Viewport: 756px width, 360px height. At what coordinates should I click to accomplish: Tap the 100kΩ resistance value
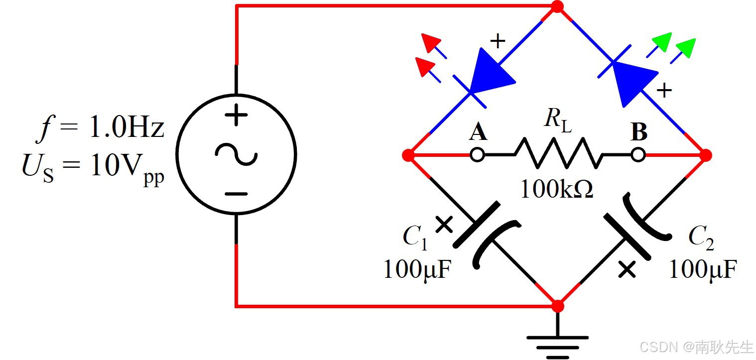click(557, 190)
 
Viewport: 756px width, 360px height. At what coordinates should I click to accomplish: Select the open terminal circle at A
click(477, 155)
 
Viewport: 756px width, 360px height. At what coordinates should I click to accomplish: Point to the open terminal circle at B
click(638, 155)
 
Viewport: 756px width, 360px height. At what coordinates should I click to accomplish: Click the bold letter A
click(478, 133)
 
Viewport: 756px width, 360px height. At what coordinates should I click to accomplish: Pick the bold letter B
click(639, 133)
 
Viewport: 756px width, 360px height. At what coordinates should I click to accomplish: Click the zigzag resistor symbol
click(558, 154)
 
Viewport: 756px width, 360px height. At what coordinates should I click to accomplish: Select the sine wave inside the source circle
click(236, 154)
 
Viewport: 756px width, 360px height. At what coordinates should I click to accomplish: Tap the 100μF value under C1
click(418, 270)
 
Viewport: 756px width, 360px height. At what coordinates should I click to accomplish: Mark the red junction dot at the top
click(558, 7)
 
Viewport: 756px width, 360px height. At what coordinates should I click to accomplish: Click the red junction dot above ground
click(558, 305)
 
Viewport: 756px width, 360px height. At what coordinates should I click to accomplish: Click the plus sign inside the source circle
click(236, 117)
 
